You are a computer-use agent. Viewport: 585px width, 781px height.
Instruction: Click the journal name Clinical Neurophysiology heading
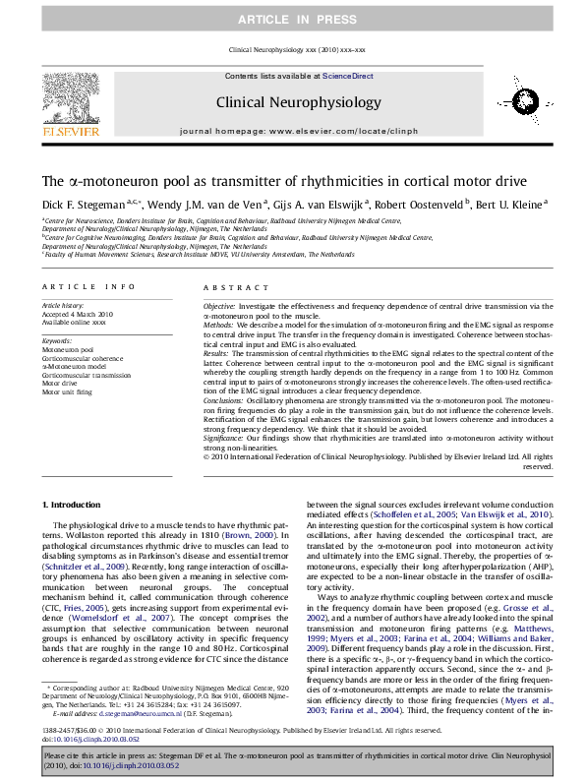click(x=304, y=102)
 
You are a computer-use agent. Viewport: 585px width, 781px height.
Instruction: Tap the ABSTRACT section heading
click(x=231, y=286)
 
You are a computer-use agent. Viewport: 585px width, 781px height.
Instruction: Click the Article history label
click(x=62, y=306)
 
